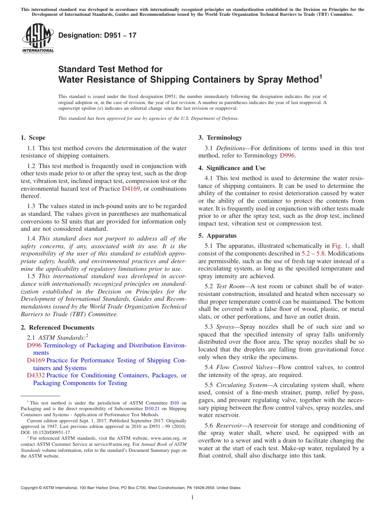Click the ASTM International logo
coord(37,38)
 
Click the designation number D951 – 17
coord(97,35)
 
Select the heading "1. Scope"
coord(33,138)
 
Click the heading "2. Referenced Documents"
coord(58,328)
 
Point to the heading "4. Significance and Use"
coord(232,168)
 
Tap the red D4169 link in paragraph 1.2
coord(130,189)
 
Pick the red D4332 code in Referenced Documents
coord(36,375)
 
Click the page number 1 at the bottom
coord(192,498)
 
